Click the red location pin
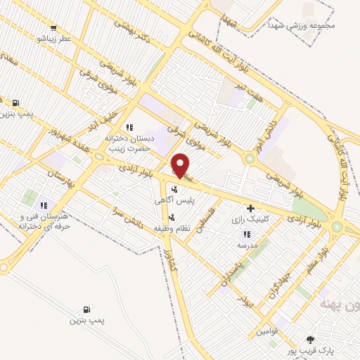(181, 166)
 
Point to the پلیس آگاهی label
(175, 200)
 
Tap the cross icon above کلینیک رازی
(250, 209)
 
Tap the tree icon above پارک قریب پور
(310, 339)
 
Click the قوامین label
(269, 330)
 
